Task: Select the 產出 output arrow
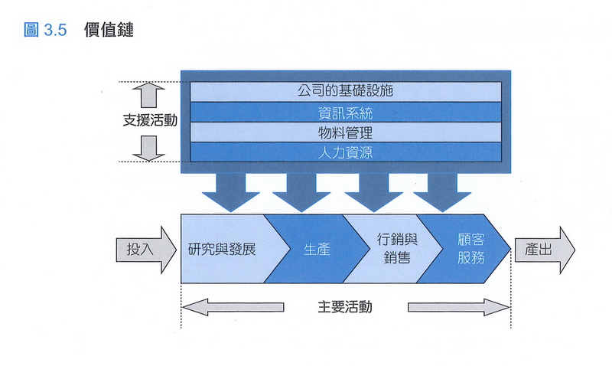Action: point(544,249)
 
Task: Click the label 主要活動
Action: point(345,307)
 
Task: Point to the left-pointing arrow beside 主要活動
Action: point(233,307)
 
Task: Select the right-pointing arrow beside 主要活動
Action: point(458,307)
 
